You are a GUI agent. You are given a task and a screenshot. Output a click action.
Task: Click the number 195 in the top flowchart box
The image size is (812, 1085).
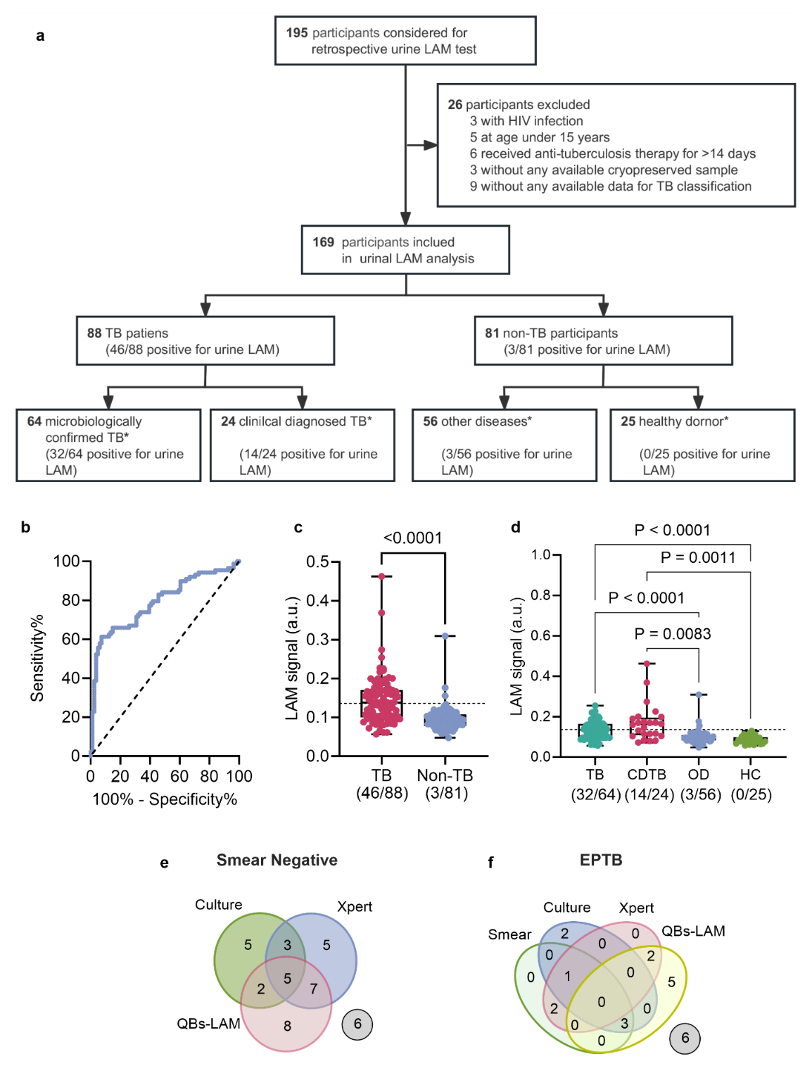(296, 33)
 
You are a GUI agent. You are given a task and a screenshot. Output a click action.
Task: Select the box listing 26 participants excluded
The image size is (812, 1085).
(616, 145)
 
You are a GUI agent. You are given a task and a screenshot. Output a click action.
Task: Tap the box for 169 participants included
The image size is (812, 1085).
(405, 250)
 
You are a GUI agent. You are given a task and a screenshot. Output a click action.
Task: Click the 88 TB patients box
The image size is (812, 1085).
(205, 341)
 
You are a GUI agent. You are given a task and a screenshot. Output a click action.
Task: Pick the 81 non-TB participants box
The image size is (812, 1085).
(603, 341)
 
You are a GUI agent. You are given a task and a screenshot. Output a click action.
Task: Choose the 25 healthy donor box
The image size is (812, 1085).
(702, 445)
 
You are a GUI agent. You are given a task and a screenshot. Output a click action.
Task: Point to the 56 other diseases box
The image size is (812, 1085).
(504, 445)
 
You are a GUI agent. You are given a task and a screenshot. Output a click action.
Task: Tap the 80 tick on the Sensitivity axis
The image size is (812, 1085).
(70, 600)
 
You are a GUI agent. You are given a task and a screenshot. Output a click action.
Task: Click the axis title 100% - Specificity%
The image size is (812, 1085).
(165, 799)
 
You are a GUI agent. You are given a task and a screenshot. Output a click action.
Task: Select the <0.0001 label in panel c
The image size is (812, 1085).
(413, 538)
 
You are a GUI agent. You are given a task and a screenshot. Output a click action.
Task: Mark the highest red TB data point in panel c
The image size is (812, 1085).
(381, 576)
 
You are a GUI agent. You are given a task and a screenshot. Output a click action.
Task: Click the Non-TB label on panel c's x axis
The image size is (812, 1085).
(445, 775)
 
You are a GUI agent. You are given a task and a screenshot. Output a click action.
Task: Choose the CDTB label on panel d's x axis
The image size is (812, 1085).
(647, 775)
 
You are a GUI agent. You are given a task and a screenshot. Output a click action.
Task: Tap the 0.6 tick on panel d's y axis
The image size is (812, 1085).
(540, 636)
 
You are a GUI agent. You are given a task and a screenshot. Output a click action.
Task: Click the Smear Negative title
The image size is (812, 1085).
(277, 860)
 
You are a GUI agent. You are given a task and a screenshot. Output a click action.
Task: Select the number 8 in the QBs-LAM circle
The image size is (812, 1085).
(287, 1026)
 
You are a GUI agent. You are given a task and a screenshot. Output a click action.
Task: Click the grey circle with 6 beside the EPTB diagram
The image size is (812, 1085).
(685, 1039)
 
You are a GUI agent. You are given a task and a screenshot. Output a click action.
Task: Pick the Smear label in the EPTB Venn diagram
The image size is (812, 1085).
(509, 934)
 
